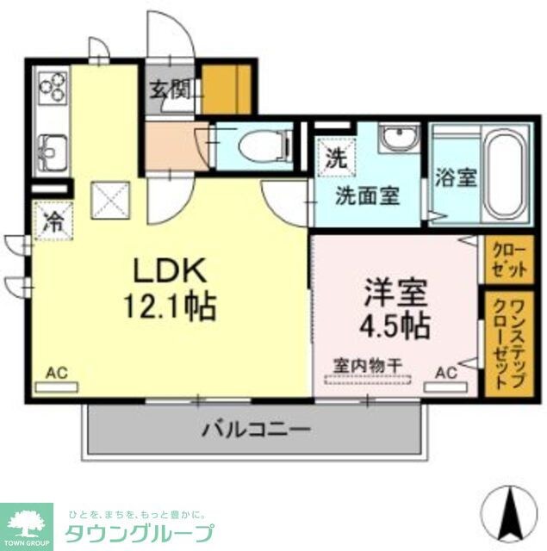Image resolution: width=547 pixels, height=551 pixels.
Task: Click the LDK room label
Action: [170, 271]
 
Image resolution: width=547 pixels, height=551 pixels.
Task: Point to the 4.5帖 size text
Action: [395, 325]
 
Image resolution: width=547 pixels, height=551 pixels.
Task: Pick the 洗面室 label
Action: [366, 195]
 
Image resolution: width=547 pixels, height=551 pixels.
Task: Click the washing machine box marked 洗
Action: [335, 158]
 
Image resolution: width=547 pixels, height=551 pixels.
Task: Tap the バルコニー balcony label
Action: [256, 428]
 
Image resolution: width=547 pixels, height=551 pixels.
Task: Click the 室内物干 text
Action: [368, 366]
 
